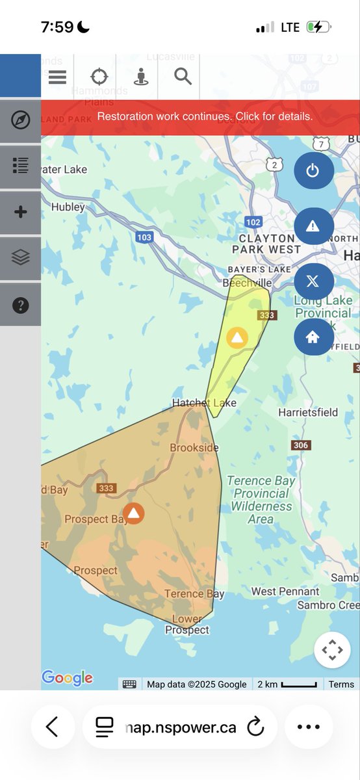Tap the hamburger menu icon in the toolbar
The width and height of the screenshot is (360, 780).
pos(58,77)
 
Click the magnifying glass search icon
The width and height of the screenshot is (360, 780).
pos(183,77)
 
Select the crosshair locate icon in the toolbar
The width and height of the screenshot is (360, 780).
pos(99,77)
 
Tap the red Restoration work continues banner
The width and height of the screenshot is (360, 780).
pos(204,117)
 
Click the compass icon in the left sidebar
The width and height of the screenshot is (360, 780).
pos(21,120)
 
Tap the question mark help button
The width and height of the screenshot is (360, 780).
pos(21,304)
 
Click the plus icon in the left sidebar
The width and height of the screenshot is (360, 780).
pos(21,212)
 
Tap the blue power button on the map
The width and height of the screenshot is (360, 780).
pos(313,171)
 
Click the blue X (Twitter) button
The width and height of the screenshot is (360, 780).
pos(313,281)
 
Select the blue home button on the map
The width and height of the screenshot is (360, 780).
pos(313,337)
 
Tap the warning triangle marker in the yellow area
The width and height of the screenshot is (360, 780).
pos(237,337)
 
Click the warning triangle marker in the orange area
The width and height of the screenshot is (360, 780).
pos(134,513)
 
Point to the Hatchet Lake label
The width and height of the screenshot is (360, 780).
pos(204,403)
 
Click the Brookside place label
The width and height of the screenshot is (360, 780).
pos(194,448)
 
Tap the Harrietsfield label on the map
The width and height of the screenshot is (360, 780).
pos(308,412)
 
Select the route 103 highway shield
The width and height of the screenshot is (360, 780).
pos(144,237)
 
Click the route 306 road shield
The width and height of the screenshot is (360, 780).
pos(301,445)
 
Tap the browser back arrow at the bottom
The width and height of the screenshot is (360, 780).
pos(52,727)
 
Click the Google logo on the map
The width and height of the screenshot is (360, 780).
pos(67,678)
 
